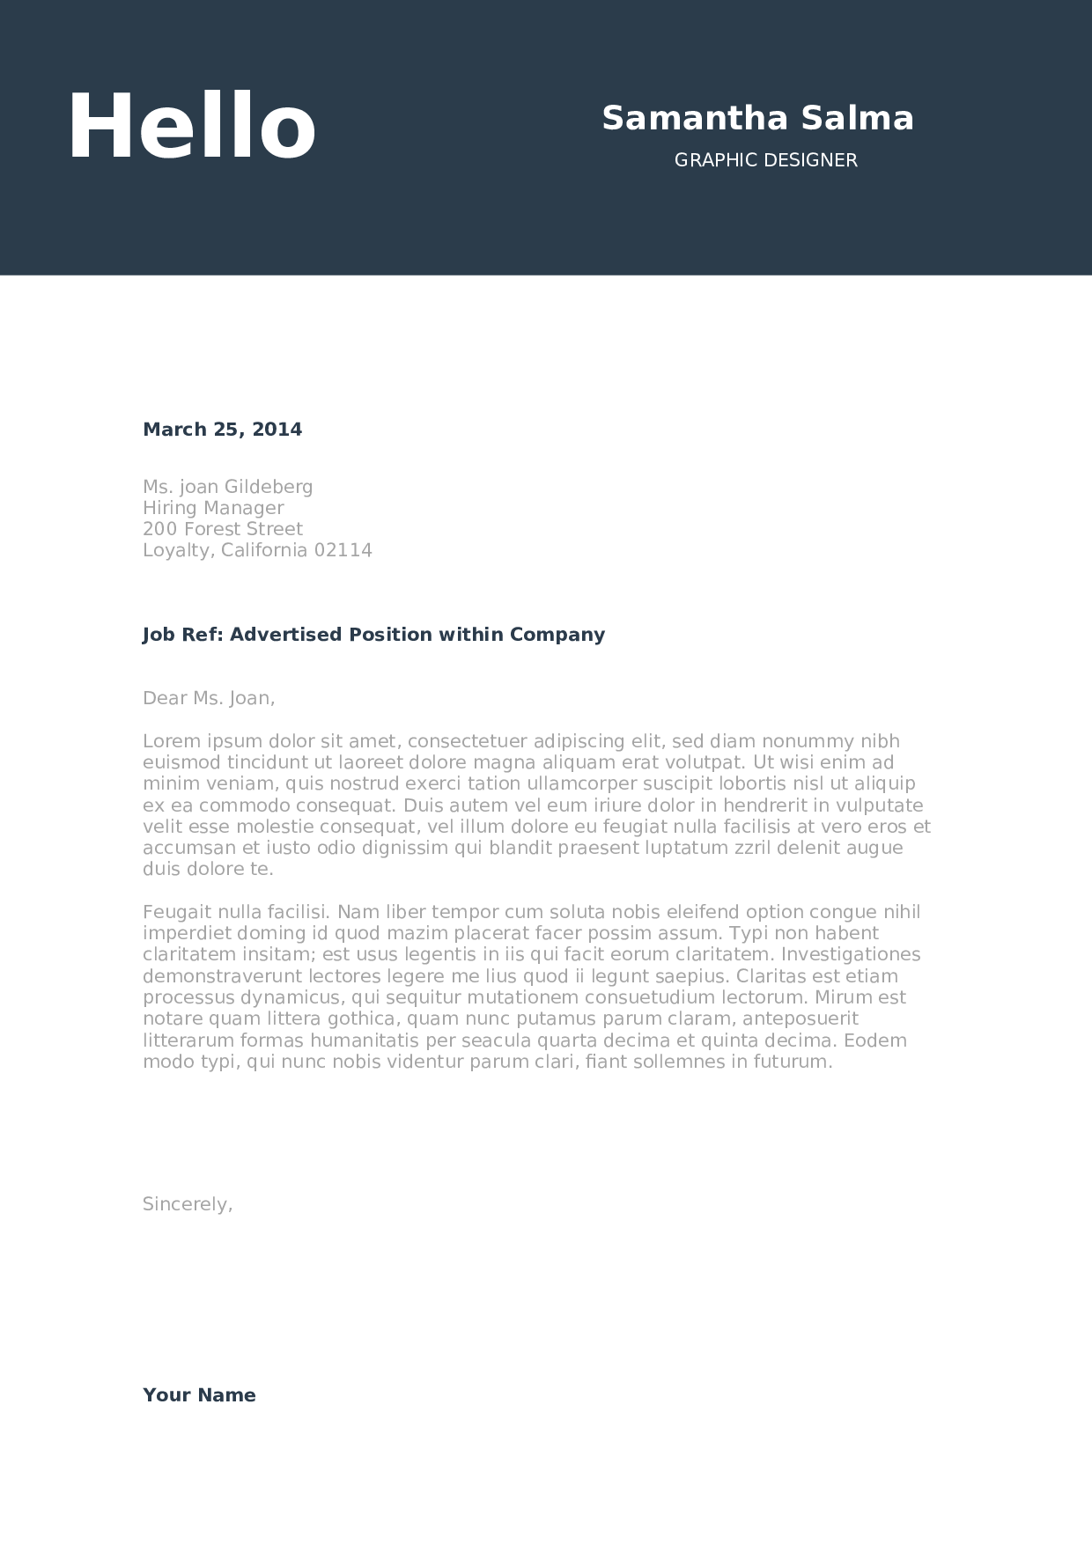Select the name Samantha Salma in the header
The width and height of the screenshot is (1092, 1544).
(x=757, y=118)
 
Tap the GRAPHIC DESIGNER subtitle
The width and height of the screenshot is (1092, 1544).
(x=765, y=160)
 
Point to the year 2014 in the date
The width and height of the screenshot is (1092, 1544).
(x=277, y=430)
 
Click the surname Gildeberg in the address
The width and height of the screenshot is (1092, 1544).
(x=269, y=487)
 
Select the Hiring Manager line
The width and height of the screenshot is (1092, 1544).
(x=213, y=508)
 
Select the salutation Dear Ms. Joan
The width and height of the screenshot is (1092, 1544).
(x=209, y=698)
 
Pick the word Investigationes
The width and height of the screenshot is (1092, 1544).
(x=851, y=954)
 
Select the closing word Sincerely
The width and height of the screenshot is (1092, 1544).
(x=187, y=1204)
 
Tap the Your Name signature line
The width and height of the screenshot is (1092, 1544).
(x=199, y=1395)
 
